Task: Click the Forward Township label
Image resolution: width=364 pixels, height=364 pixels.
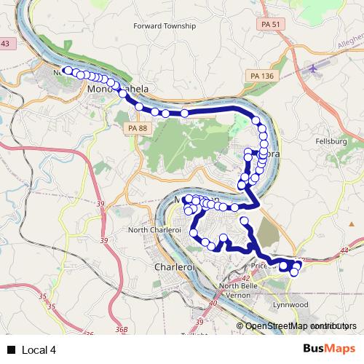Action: click(165, 25)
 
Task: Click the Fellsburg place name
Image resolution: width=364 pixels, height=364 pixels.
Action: click(331, 141)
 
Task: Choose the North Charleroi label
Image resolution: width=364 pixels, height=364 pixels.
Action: click(152, 230)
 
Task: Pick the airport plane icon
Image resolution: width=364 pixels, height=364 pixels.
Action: click(314, 68)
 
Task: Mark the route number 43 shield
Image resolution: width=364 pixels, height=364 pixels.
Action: click(5, 44)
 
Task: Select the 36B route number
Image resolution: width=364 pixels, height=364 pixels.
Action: click(121, 330)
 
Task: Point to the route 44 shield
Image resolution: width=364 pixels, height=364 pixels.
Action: click(344, 250)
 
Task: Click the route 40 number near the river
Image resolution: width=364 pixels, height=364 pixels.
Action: click(213, 303)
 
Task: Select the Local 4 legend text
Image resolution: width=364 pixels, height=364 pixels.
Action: click(39, 350)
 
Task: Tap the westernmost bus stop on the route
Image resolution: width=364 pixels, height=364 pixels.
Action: click(67, 71)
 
